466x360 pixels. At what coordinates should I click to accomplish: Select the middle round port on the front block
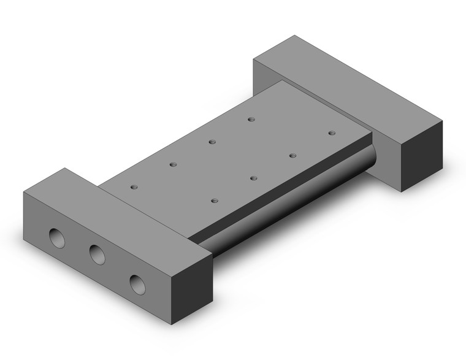point(96,254)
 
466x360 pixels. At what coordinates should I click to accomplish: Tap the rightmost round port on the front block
point(137,283)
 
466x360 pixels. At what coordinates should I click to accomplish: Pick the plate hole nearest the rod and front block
point(214,200)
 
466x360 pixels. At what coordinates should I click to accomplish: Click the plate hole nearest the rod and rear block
point(332,132)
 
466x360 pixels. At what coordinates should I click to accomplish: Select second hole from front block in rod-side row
point(253,178)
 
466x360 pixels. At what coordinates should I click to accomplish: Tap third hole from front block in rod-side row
point(292,156)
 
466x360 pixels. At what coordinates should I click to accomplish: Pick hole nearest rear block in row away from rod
point(251,119)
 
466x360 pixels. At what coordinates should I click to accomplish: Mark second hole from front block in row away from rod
point(173,164)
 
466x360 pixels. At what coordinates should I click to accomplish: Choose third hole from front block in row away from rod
point(212,142)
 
